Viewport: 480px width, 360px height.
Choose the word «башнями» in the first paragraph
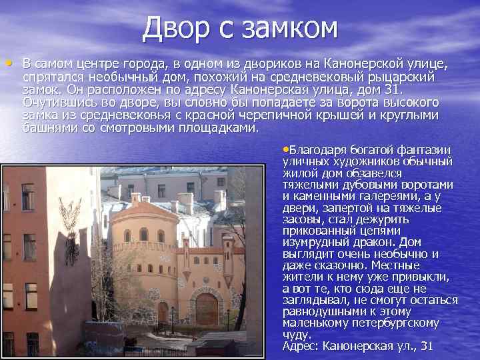coord(47,127)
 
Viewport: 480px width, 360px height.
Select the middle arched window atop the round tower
coord(143,234)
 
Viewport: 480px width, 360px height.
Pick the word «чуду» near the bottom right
coord(297,335)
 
